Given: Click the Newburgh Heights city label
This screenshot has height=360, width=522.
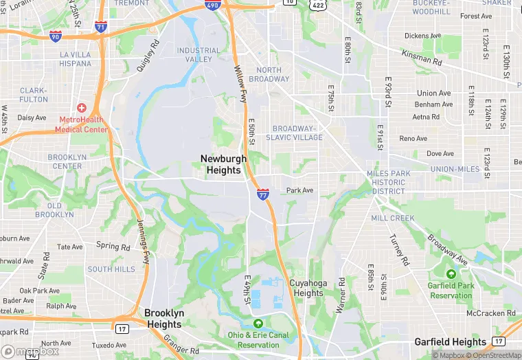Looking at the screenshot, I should [223, 164].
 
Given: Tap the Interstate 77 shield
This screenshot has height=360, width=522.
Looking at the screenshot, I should [263, 194].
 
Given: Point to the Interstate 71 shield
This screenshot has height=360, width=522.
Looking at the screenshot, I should [101, 27].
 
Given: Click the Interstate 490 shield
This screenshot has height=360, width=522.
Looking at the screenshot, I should [212, 6].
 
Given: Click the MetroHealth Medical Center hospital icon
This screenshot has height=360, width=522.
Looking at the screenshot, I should [82, 108].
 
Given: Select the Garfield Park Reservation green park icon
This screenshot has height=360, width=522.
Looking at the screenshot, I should [451, 274].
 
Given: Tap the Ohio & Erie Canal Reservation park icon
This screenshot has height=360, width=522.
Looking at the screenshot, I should [258, 323].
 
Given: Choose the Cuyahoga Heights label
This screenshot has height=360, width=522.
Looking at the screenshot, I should [306, 288].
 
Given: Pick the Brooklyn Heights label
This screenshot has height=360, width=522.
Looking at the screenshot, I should [164, 318].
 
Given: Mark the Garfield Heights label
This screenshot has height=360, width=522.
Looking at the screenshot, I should [451, 341].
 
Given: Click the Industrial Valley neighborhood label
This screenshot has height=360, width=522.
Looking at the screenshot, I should [198, 55].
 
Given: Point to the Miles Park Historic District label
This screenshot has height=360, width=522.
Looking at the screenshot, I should [389, 182].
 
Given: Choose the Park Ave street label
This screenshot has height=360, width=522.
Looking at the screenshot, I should [299, 190].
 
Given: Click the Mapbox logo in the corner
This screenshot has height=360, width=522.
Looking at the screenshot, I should [30, 351].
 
